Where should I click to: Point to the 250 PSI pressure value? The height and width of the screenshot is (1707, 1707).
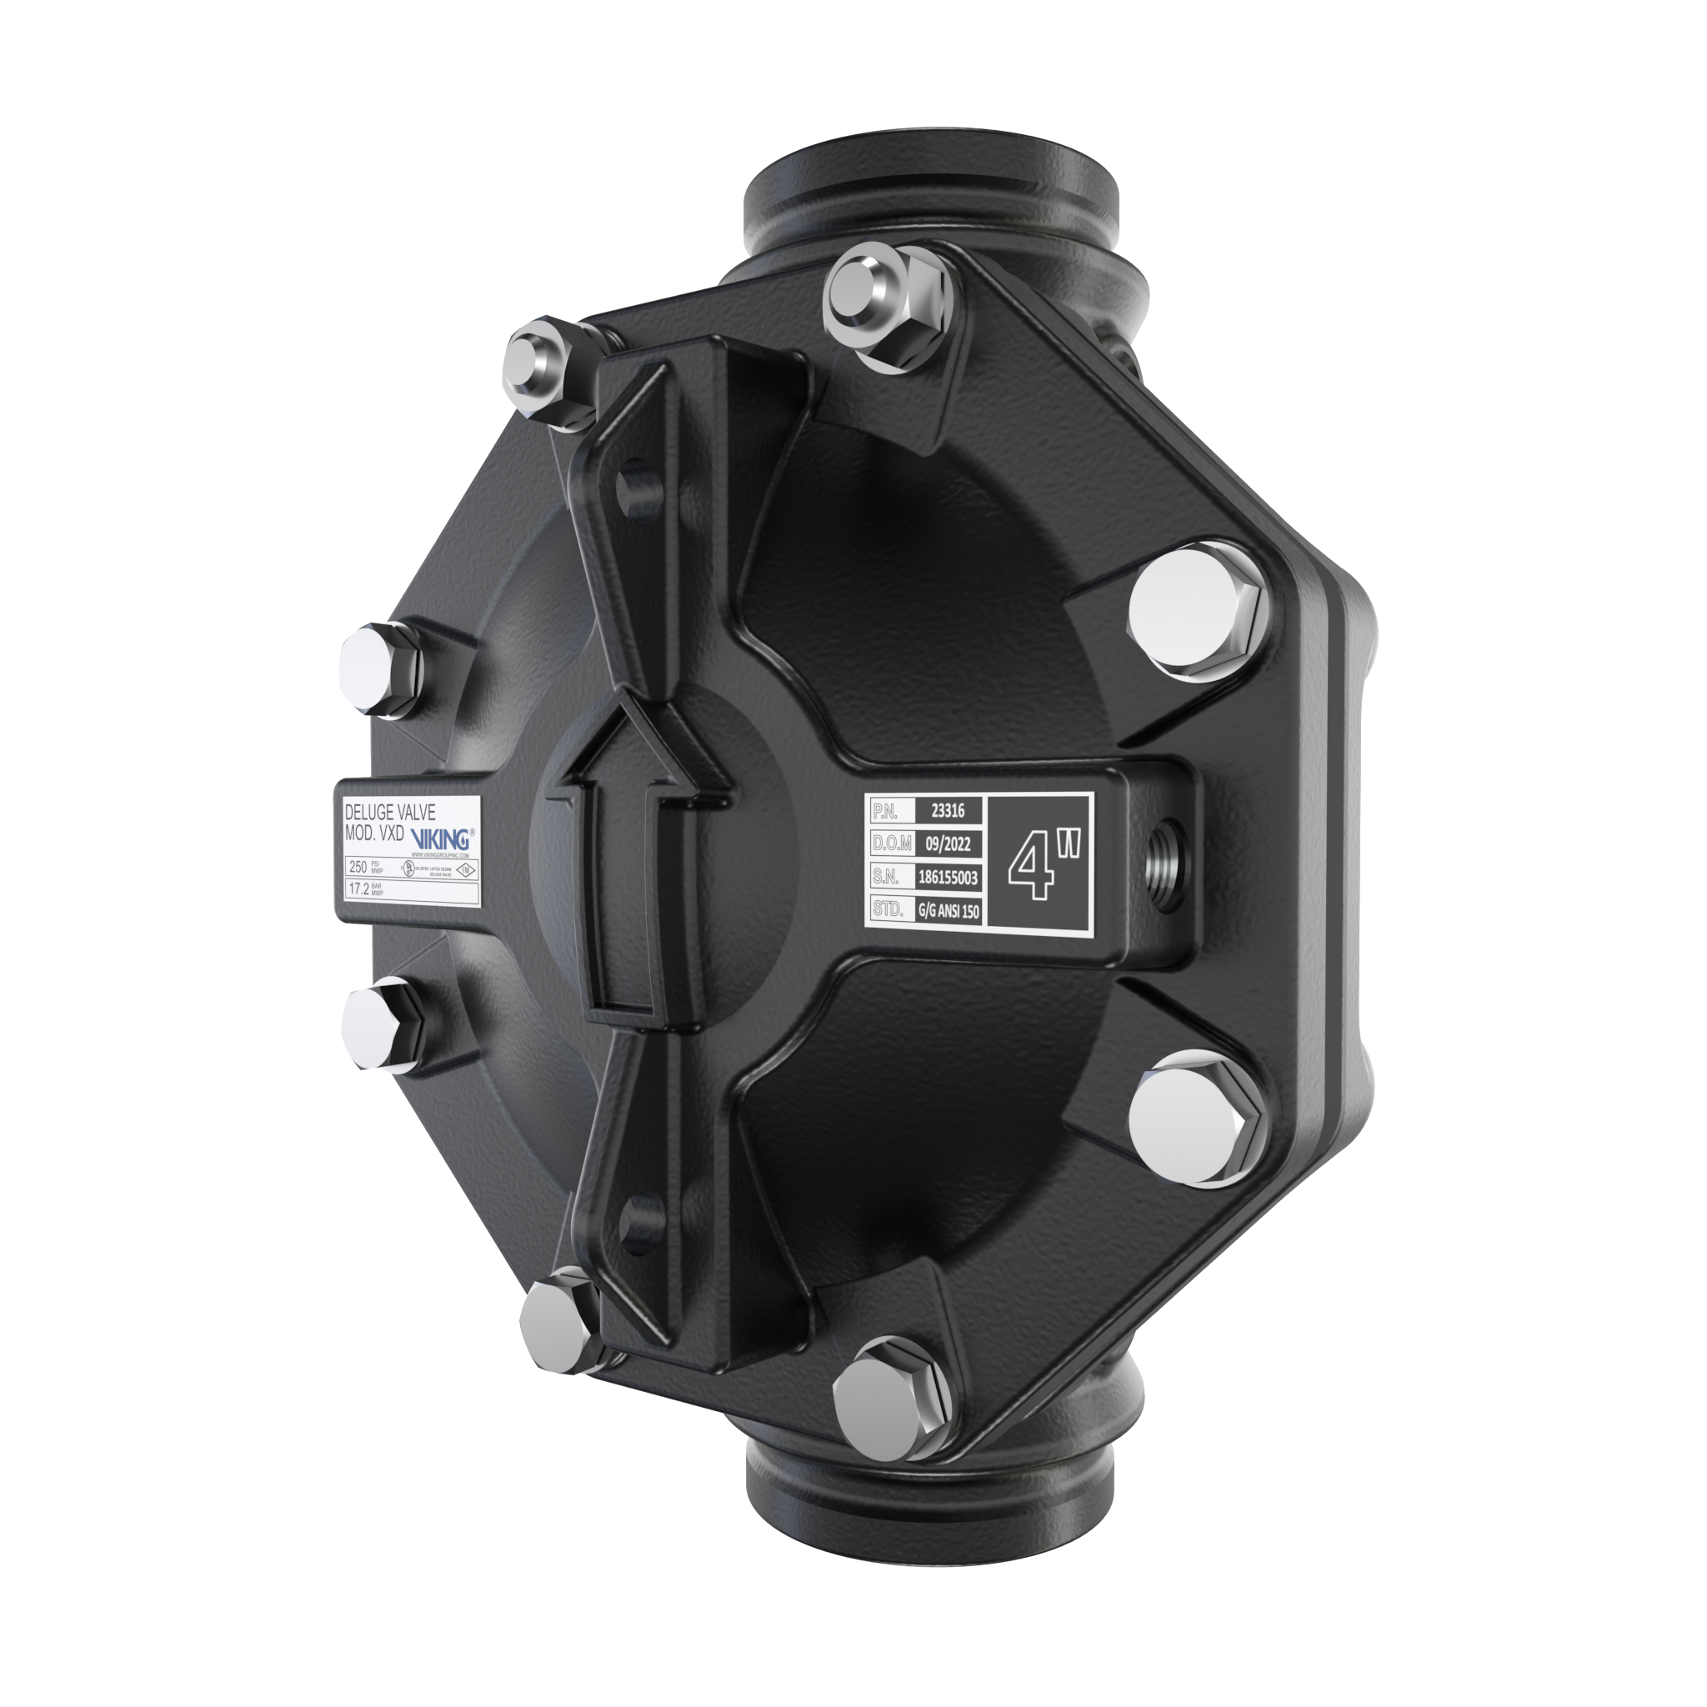pos(358,867)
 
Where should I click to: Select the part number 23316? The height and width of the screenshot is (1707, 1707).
pos(947,809)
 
